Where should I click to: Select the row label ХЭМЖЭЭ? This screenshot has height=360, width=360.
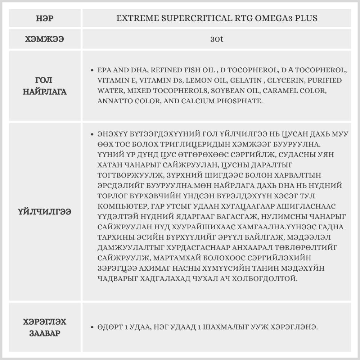click(45, 39)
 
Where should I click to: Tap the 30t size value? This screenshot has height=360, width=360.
click(217, 39)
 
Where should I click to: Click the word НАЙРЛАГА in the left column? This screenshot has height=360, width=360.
click(45, 92)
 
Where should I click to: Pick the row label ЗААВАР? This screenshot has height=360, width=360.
click(45, 333)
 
